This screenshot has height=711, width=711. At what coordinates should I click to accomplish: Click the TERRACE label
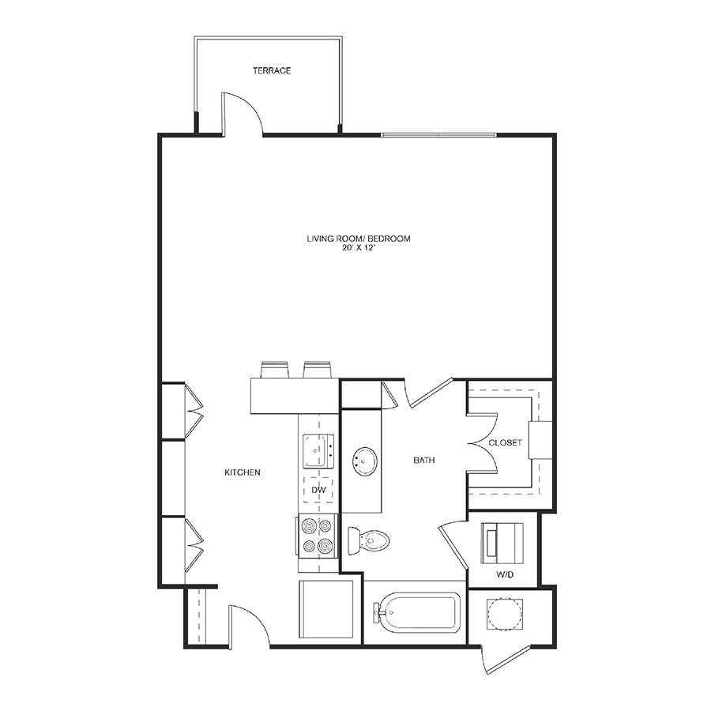coord(272,70)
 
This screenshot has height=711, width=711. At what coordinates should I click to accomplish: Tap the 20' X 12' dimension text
coord(359,248)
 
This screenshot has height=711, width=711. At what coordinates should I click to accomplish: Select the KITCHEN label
coord(243,472)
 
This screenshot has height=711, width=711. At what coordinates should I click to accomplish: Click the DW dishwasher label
coord(318,490)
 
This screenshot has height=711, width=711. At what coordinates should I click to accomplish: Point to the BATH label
coord(424,461)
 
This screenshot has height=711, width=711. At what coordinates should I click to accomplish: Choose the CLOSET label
coord(505,442)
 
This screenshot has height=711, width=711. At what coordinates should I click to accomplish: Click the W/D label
coord(504,575)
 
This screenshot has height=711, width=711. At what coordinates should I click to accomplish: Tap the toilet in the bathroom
coord(369,540)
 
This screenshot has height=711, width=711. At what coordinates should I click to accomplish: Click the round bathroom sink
coord(364,461)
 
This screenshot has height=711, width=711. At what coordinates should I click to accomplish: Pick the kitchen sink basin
coord(318,451)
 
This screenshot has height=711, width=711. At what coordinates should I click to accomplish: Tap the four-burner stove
coord(318,536)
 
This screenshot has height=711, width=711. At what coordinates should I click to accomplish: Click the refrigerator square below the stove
coord(325,609)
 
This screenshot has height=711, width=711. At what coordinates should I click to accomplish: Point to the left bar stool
coord(275,370)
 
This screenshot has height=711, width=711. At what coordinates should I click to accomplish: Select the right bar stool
coord(317,370)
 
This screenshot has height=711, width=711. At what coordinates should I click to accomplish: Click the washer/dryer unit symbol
coord(502,544)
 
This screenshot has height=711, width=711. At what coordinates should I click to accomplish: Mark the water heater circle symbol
coord(504,614)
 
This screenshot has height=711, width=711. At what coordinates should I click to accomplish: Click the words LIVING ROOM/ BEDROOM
coord(359,239)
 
